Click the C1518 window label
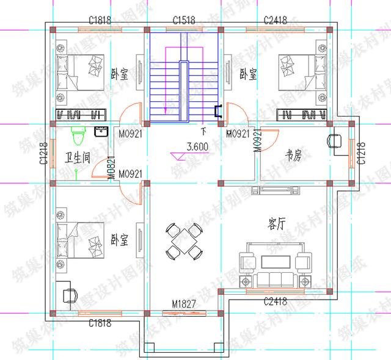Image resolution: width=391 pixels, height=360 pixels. click(x=184, y=20)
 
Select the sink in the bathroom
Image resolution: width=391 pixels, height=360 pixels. click(x=101, y=131)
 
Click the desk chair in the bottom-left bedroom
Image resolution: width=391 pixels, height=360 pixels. click(x=69, y=293)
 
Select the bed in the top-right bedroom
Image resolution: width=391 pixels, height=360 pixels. click(x=300, y=72)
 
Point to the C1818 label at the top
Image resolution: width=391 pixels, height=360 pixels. click(x=100, y=20)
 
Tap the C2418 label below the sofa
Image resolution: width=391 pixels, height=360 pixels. click(x=276, y=302)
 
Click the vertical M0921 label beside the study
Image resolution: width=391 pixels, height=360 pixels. click(x=258, y=141)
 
